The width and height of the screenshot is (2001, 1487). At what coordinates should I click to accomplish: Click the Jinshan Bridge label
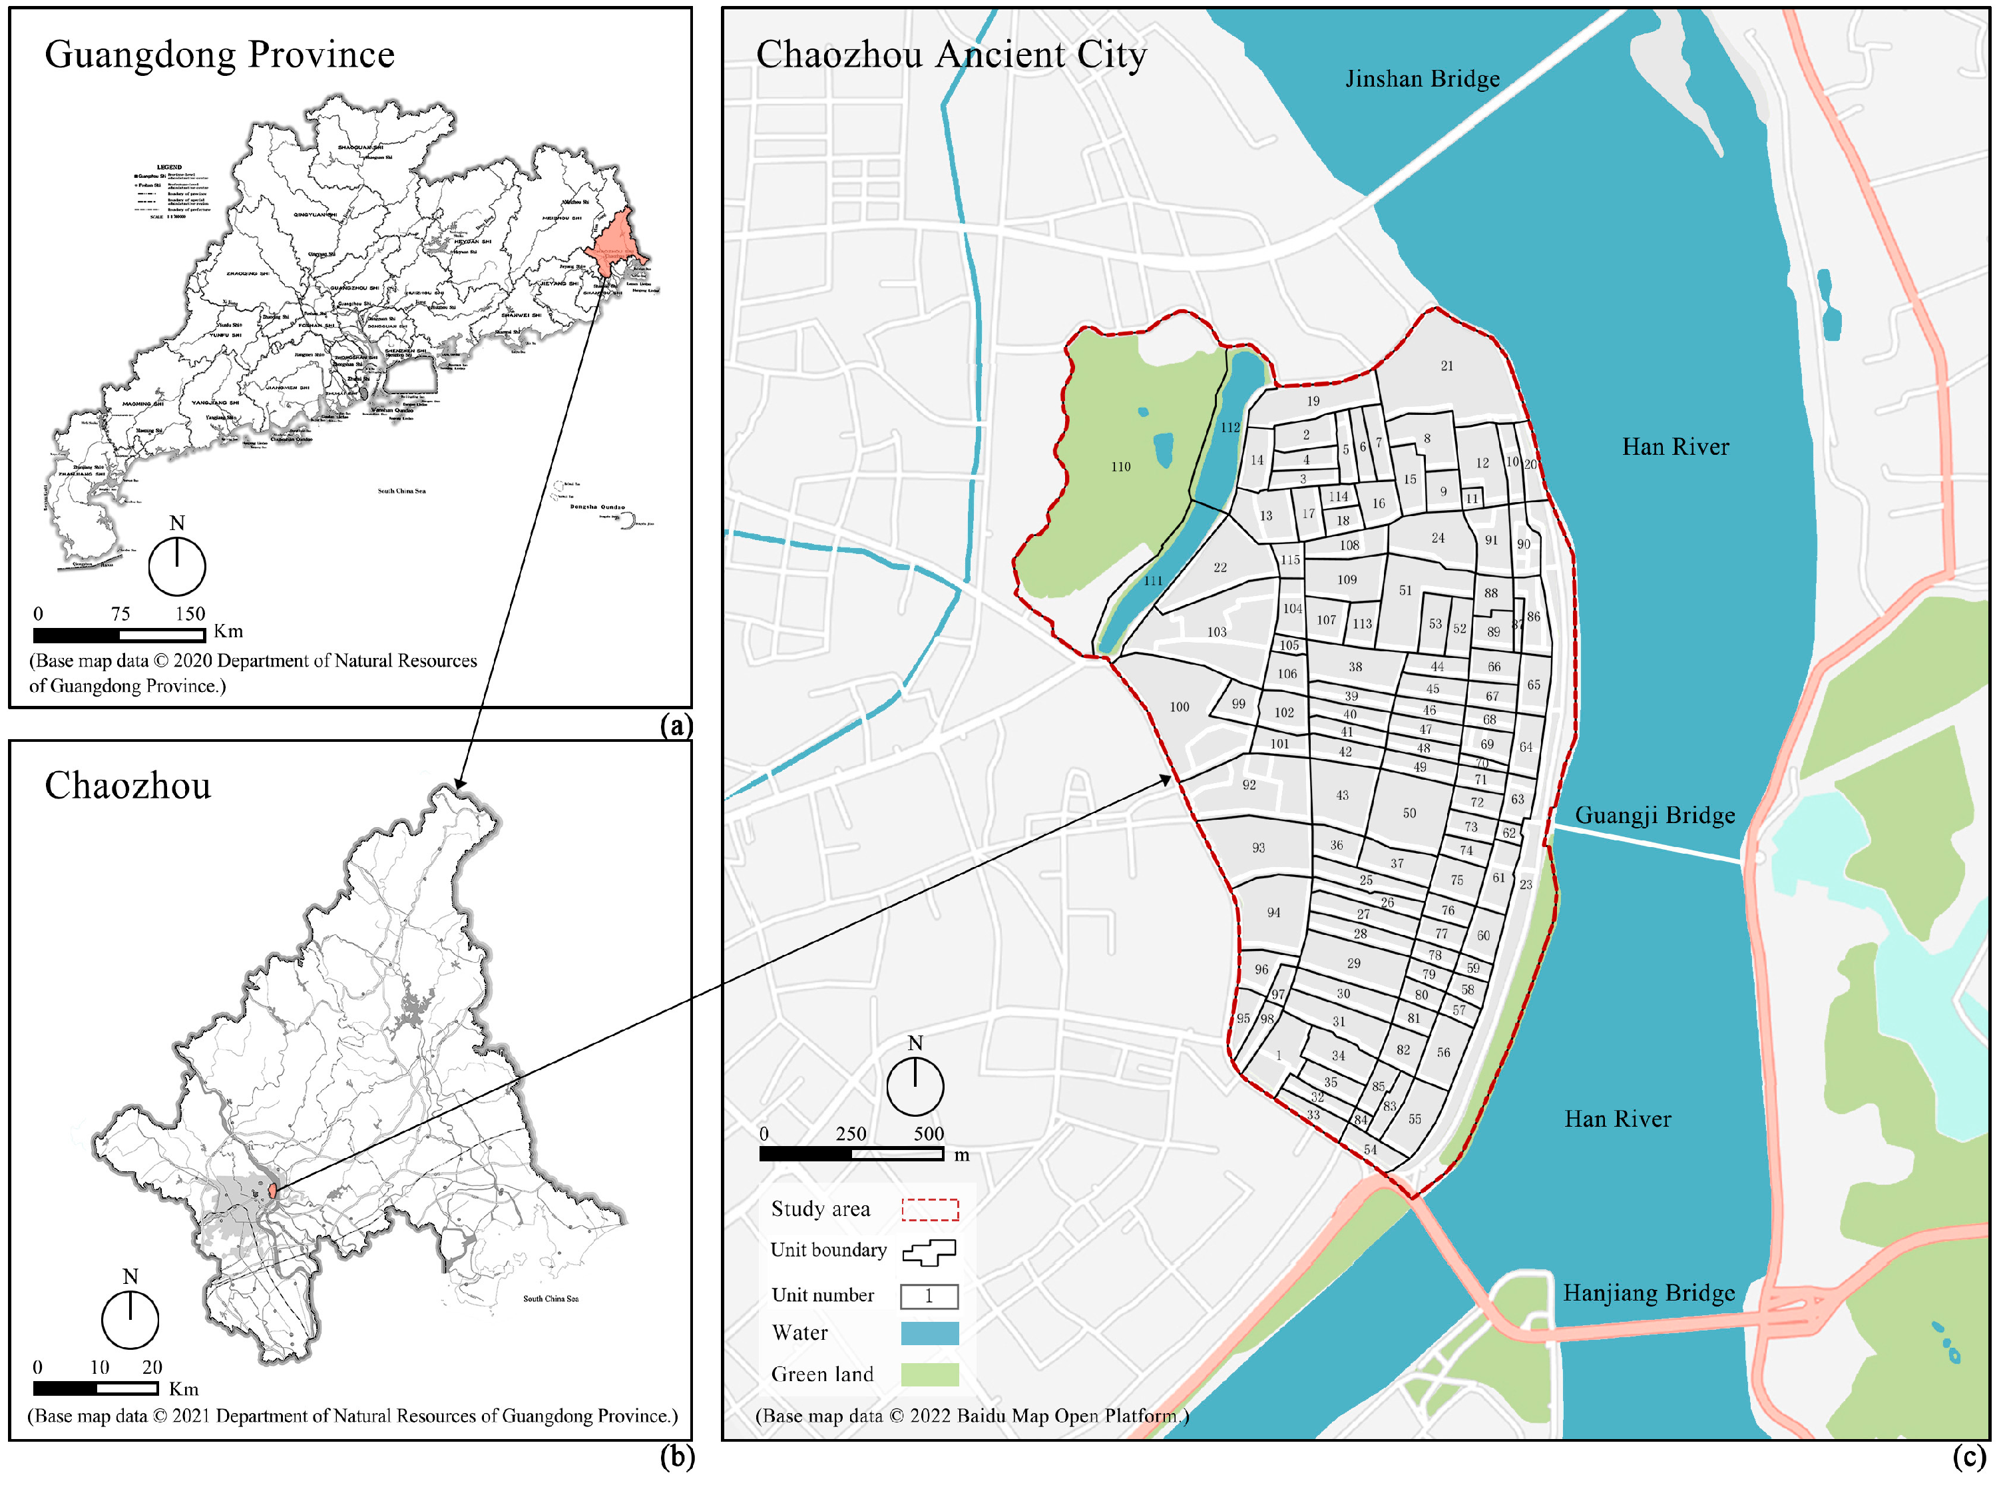point(1422,79)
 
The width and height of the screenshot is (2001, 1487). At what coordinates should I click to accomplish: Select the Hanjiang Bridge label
point(1648,1293)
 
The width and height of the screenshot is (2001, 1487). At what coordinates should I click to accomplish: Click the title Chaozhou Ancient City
point(951,55)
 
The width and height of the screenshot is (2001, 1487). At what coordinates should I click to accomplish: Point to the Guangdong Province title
point(220,55)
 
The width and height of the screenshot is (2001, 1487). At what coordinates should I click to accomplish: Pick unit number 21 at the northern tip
point(1446,366)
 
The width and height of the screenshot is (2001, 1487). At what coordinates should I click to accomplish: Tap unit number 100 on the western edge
point(1179,707)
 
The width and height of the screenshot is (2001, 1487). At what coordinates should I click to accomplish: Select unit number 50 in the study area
point(1409,814)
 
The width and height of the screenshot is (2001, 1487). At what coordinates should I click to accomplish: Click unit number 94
point(1273,913)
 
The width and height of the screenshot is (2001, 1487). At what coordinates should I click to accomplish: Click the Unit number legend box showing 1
point(929,1296)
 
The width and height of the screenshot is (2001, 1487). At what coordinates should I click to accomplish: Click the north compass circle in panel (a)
point(177,566)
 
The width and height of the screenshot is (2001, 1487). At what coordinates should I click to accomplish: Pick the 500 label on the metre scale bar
point(929,1134)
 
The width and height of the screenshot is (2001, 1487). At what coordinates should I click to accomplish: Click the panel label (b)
point(676,1456)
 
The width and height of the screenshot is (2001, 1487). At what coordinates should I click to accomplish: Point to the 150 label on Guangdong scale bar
point(190,615)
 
